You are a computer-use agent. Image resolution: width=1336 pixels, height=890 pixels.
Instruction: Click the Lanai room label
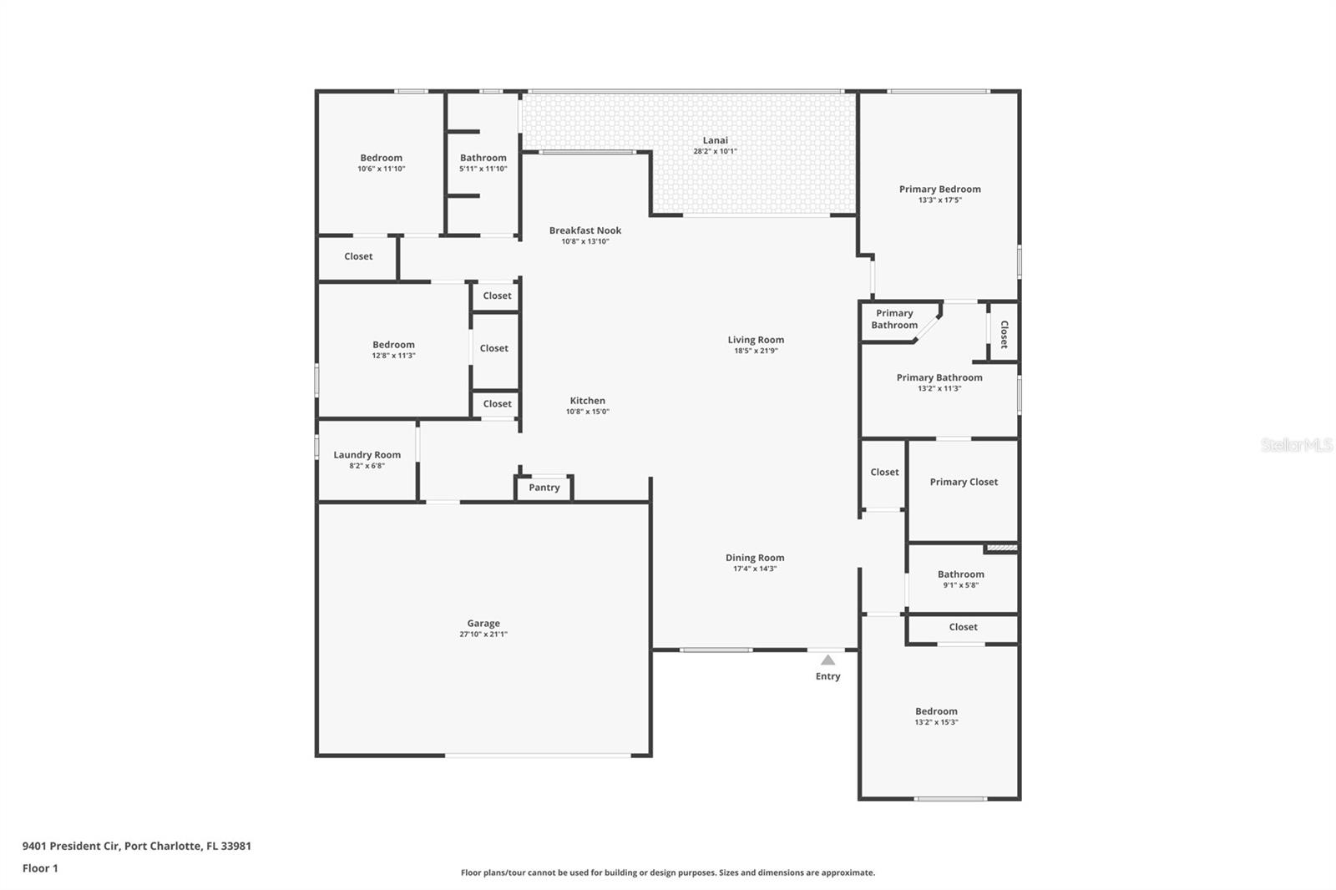pyautogui.click(x=715, y=140)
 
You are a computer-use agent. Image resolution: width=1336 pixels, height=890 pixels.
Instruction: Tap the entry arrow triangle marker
pyautogui.click(x=827, y=660)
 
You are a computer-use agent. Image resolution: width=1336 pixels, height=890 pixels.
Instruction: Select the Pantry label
pyautogui.click(x=544, y=488)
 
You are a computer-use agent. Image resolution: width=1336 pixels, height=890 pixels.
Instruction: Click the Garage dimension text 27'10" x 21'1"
pyautogui.click(x=483, y=635)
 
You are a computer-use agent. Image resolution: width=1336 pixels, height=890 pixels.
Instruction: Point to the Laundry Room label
pyautogui.click(x=367, y=455)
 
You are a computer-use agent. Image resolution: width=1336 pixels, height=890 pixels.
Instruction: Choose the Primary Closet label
pyautogui.click(x=964, y=482)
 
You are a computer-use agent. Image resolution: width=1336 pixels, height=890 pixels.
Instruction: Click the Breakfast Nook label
pyautogui.click(x=585, y=230)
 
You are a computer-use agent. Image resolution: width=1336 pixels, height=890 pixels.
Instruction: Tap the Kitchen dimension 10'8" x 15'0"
pyautogui.click(x=588, y=412)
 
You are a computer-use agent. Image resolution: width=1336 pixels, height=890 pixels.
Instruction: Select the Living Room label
pyautogui.click(x=756, y=340)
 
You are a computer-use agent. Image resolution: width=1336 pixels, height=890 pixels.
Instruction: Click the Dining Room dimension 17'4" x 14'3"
pyautogui.click(x=755, y=569)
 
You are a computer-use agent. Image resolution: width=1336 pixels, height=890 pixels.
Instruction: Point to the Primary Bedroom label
pyautogui.click(x=940, y=189)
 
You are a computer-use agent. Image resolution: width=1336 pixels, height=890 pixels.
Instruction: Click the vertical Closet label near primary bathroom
pyautogui.click(x=1005, y=334)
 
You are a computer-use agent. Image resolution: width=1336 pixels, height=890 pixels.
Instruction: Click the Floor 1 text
pyautogui.click(x=40, y=868)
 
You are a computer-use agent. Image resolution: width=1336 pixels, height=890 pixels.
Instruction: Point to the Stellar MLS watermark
pyautogui.click(x=1296, y=445)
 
